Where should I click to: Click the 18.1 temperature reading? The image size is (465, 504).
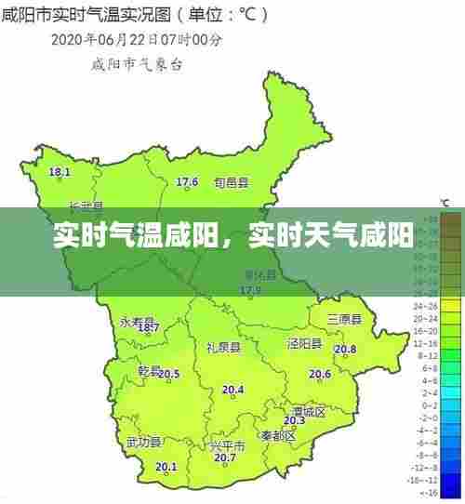[x=60, y=173]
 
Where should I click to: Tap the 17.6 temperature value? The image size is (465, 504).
[x=187, y=182]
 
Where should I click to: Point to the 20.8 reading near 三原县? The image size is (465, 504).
[x=345, y=350]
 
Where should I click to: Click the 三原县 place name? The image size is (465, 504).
[x=344, y=319]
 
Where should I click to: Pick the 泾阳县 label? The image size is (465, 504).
[x=304, y=344]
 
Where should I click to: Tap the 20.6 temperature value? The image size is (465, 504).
[x=320, y=375]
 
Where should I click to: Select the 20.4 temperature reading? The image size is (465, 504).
[x=232, y=391]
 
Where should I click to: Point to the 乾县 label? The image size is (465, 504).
[x=150, y=370]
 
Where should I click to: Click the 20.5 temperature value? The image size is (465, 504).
[x=169, y=375]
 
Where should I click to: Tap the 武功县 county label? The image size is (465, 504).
[x=144, y=442]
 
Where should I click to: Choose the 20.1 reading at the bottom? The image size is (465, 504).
[x=166, y=467]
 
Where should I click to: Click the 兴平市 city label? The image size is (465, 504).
[x=228, y=445]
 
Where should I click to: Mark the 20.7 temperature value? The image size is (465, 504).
[x=224, y=458]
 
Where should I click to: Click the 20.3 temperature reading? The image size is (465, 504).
[x=294, y=421]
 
